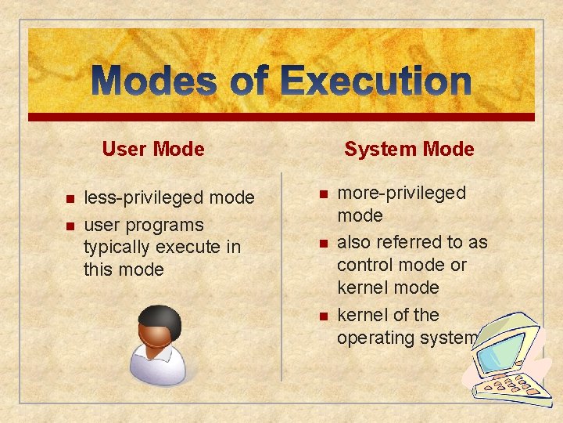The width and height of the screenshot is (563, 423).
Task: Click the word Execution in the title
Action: pos(375,81)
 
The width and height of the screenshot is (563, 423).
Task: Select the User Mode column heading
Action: pos(153,149)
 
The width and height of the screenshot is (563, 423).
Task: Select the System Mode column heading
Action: pos(409,149)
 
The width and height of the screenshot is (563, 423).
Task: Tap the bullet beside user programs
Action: pos(69,226)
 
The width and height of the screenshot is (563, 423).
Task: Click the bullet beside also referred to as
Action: pos(321,244)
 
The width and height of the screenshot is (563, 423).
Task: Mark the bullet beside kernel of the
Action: pos(321,316)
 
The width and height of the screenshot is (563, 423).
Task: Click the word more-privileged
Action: pos(401,193)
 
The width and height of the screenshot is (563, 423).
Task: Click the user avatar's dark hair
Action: pos(160,317)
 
